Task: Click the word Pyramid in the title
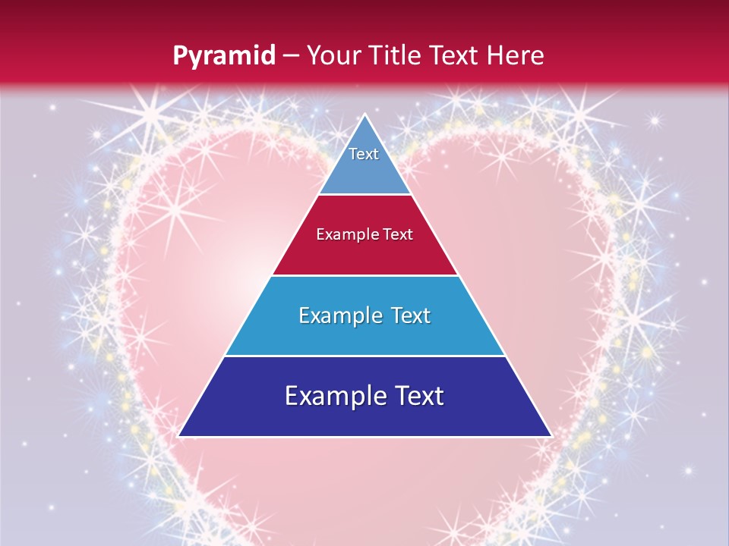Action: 224,56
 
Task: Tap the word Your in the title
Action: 332,55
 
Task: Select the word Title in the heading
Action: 393,55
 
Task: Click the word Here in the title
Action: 516,55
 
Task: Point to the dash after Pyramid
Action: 290,56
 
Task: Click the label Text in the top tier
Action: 364,154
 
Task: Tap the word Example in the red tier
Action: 342,235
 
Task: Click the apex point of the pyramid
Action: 365,115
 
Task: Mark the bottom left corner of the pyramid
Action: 178,436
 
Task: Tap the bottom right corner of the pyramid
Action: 551,436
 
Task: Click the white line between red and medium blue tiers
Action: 364,275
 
